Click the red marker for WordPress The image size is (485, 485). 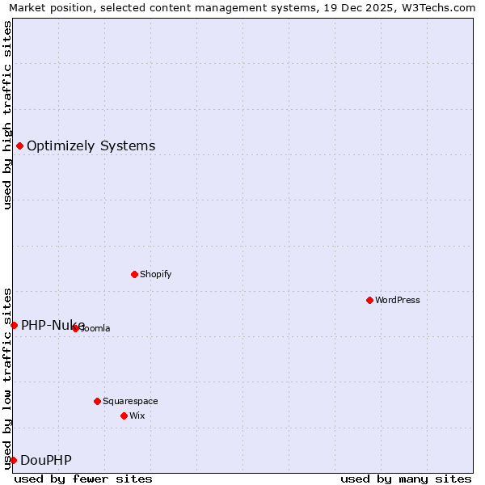[369, 300]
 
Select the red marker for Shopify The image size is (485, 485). [134, 274]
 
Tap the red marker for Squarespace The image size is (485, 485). [97, 401]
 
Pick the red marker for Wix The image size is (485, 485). [124, 415]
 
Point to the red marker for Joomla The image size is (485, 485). [75, 328]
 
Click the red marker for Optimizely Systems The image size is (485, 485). [19, 145]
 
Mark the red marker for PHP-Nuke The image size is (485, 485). [14, 325]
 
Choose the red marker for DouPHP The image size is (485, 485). [13, 460]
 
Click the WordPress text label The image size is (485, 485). [398, 300]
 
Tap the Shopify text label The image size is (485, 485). [156, 274]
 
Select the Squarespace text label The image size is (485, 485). [130, 401]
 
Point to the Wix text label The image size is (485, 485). [137, 415]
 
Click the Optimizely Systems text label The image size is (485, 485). [91, 146]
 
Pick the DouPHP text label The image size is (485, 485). [46, 461]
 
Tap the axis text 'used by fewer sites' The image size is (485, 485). [83, 479]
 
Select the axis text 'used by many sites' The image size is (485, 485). [406, 479]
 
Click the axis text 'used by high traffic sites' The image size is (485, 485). [7, 115]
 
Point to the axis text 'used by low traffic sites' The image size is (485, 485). [7, 377]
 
